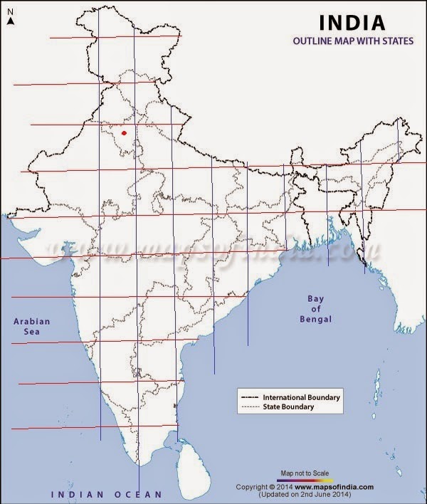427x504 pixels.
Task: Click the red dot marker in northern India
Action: pos(125,132)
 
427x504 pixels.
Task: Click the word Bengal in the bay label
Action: pos(316,320)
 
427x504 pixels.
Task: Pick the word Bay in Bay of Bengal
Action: pos(315,298)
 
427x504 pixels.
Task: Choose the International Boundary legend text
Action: pos(302,397)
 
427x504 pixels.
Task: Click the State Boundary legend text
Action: pos(288,407)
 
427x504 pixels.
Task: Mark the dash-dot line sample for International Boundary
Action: pos(250,397)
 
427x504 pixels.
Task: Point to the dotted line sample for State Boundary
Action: pos(250,407)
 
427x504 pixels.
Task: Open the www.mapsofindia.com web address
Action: pos(333,487)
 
